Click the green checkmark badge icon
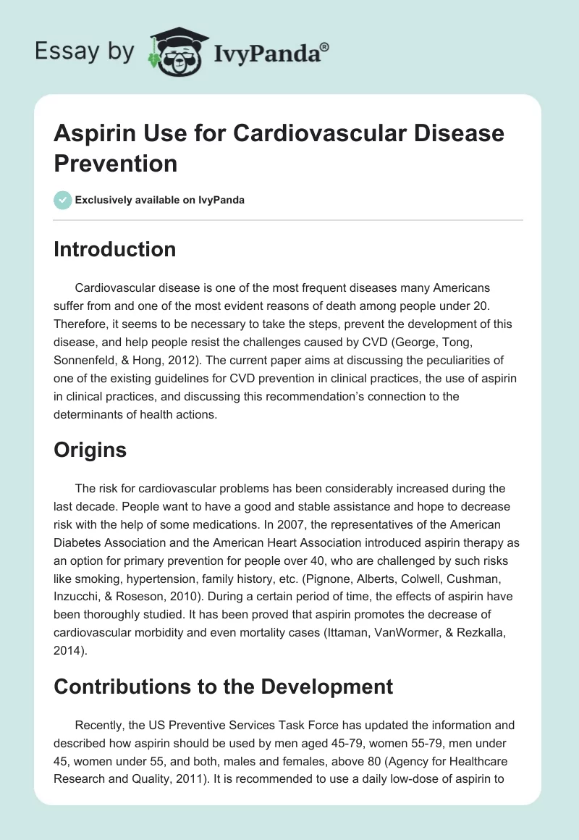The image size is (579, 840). [63, 200]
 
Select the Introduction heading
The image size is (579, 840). [115, 249]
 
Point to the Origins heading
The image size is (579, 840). [90, 450]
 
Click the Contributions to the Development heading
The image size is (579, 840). [224, 686]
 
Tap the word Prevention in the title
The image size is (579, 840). [116, 163]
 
